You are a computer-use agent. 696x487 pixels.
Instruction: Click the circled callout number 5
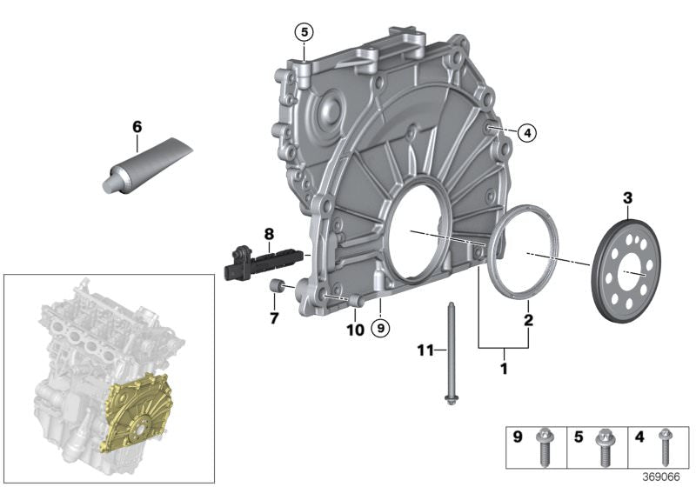[x=304, y=32]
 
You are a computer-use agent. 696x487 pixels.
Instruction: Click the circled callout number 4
[x=527, y=132]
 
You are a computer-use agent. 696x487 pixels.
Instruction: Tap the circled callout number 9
[x=380, y=328]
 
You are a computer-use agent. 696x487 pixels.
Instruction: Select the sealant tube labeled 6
[x=148, y=165]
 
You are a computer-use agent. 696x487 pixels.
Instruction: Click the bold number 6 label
[x=137, y=127]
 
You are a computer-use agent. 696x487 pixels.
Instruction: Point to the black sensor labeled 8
[x=264, y=263]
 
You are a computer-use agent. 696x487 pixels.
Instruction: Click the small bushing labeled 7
[x=277, y=286]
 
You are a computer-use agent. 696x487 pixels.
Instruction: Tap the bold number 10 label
[x=356, y=330]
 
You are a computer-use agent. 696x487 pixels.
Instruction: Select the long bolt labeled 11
[x=450, y=353]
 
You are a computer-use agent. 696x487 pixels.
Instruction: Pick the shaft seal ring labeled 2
[x=523, y=252]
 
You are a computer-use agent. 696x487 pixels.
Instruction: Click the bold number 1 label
[x=504, y=368]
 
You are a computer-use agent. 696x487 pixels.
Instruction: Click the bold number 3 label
[x=627, y=197]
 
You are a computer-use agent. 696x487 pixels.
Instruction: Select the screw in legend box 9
[x=543, y=447]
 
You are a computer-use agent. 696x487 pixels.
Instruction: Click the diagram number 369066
[x=661, y=477]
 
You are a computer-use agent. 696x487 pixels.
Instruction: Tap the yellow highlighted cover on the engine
[x=137, y=413]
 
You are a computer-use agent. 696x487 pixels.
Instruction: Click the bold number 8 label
[x=269, y=234]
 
